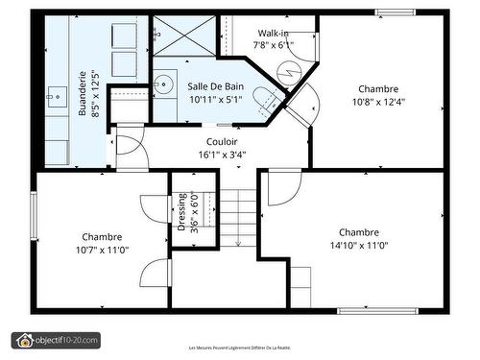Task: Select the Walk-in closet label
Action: pyautogui.click(x=272, y=33)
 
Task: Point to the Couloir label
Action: pyautogui.click(x=221, y=141)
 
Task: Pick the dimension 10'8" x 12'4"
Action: pyautogui.click(x=379, y=101)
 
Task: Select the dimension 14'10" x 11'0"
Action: pyautogui.click(x=358, y=245)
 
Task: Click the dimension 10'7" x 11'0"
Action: pyautogui.click(x=101, y=250)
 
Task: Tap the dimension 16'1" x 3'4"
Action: pyautogui.click(x=221, y=154)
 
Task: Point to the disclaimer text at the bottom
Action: pyautogui.click(x=240, y=348)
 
